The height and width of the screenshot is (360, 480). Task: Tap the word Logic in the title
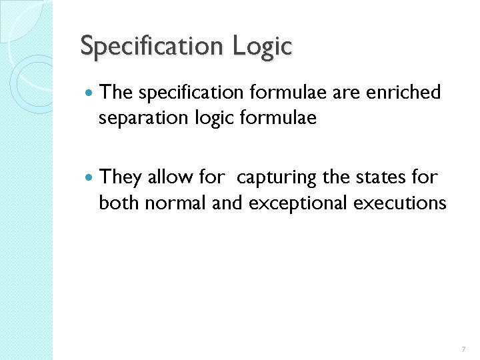(263, 47)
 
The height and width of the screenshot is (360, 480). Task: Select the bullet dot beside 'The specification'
(89, 93)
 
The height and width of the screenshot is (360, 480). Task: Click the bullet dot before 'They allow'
(89, 178)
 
